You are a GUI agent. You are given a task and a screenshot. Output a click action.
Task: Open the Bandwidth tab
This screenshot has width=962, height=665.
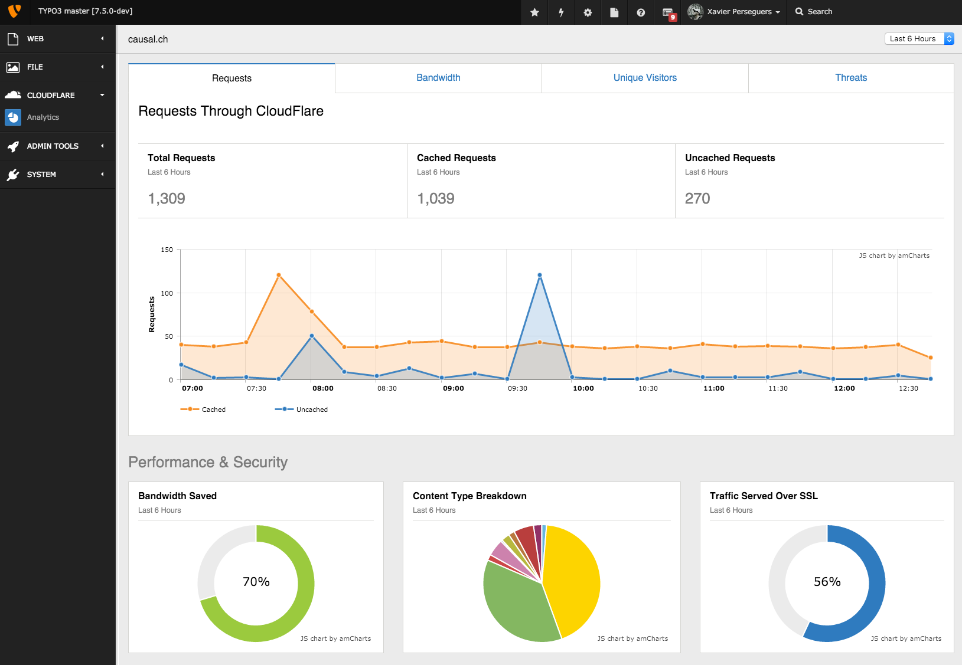pyautogui.click(x=438, y=78)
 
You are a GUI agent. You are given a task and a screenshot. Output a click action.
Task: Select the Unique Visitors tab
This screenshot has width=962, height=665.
pyautogui.click(x=645, y=78)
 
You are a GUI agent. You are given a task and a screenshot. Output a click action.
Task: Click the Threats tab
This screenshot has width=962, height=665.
pyautogui.click(x=851, y=78)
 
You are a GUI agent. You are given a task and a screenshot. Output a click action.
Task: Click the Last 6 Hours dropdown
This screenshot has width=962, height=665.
pyautogui.click(x=919, y=39)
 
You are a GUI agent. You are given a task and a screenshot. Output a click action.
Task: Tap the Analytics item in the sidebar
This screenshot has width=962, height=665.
pyautogui.click(x=43, y=117)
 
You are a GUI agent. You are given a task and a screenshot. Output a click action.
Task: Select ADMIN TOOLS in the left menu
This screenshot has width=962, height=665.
pyautogui.click(x=53, y=146)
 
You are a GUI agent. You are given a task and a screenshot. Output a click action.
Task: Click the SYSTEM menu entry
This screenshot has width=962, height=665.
pyautogui.click(x=41, y=175)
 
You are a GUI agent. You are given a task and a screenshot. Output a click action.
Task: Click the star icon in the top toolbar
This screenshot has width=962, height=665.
pyautogui.click(x=534, y=12)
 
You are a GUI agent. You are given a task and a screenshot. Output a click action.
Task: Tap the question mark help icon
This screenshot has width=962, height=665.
pyautogui.click(x=641, y=12)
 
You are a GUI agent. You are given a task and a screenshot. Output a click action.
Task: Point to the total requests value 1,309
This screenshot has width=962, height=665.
pyautogui.click(x=167, y=199)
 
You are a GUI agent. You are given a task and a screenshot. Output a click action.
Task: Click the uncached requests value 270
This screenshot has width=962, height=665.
pyautogui.click(x=697, y=199)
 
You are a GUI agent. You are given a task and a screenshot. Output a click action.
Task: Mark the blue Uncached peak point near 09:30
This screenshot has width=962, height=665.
pyautogui.click(x=540, y=276)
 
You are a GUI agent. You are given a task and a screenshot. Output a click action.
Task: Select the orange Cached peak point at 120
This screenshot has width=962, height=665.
pyautogui.click(x=279, y=276)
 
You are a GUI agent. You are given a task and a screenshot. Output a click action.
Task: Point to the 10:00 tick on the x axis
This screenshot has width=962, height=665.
pyautogui.click(x=583, y=388)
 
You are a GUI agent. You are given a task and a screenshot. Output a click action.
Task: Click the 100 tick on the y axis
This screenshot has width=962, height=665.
pyautogui.click(x=167, y=293)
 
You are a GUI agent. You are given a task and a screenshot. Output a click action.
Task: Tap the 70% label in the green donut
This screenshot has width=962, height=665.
pyautogui.click(x=256, y=582)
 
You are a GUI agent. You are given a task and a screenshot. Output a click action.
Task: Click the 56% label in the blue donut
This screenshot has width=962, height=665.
pyautogui.click(x=827, y=582)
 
